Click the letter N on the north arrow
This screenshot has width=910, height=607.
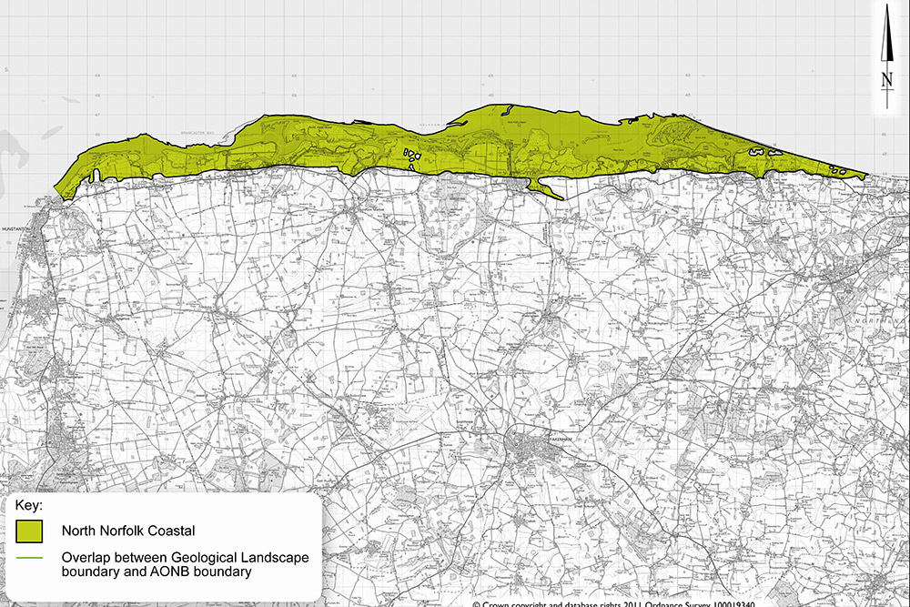pos(886,80)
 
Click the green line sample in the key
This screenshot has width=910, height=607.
pos(30,557)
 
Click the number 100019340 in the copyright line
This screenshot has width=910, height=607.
pos(727,602)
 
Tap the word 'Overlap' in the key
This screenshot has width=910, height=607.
pos(87,557)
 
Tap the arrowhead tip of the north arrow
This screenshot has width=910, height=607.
pos(886,7)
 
